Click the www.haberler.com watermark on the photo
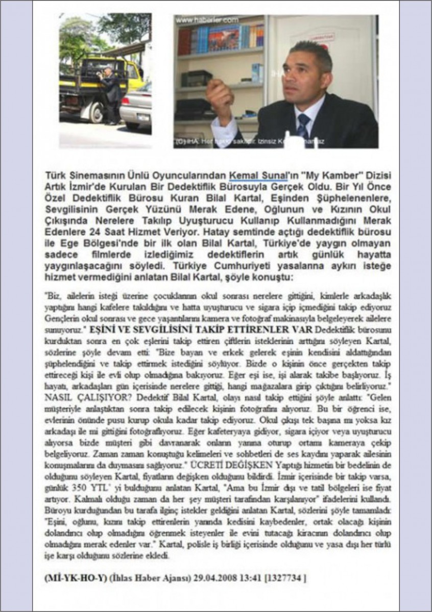[x=207, y=20]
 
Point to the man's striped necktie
[x=303, y=125]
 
